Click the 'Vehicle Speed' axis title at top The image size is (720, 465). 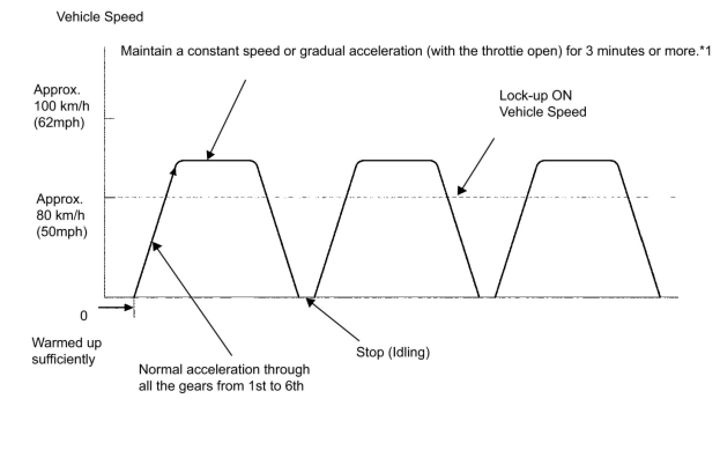point(100,17)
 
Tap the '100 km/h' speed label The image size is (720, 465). point(61,106)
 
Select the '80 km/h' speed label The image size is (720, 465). point(61,215)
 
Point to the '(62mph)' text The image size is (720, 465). point(59,123)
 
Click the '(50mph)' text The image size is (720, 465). point(62,232)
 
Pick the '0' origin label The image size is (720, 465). point(84,316)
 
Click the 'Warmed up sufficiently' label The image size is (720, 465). point(66,351)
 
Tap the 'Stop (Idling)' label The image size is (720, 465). point(393,352)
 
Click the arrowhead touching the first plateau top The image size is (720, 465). point(210,155)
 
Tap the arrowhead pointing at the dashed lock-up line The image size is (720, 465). point(461,190)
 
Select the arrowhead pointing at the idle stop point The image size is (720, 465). point(309,302)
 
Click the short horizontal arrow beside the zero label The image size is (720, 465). point(116,307)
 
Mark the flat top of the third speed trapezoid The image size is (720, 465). point(578,160)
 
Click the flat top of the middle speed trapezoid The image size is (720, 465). point(398,160)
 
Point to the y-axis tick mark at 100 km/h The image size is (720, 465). point(109,119)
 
